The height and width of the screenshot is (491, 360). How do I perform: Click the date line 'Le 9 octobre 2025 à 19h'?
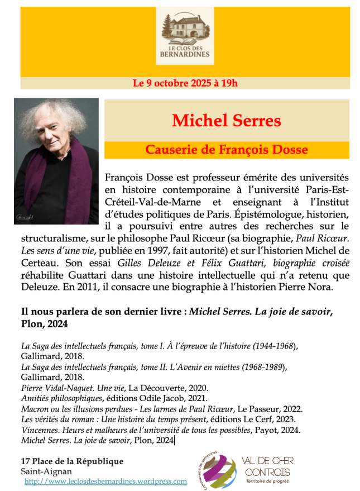click(x=185, y=84)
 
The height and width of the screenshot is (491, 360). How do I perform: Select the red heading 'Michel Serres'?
click(x=226, y=120)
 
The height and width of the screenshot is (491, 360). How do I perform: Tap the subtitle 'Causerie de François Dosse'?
click(x=227, y=150)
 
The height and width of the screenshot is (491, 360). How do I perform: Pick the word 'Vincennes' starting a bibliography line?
click(x=41, y=430)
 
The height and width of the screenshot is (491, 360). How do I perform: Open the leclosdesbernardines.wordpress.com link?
click(x=106, y=481)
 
